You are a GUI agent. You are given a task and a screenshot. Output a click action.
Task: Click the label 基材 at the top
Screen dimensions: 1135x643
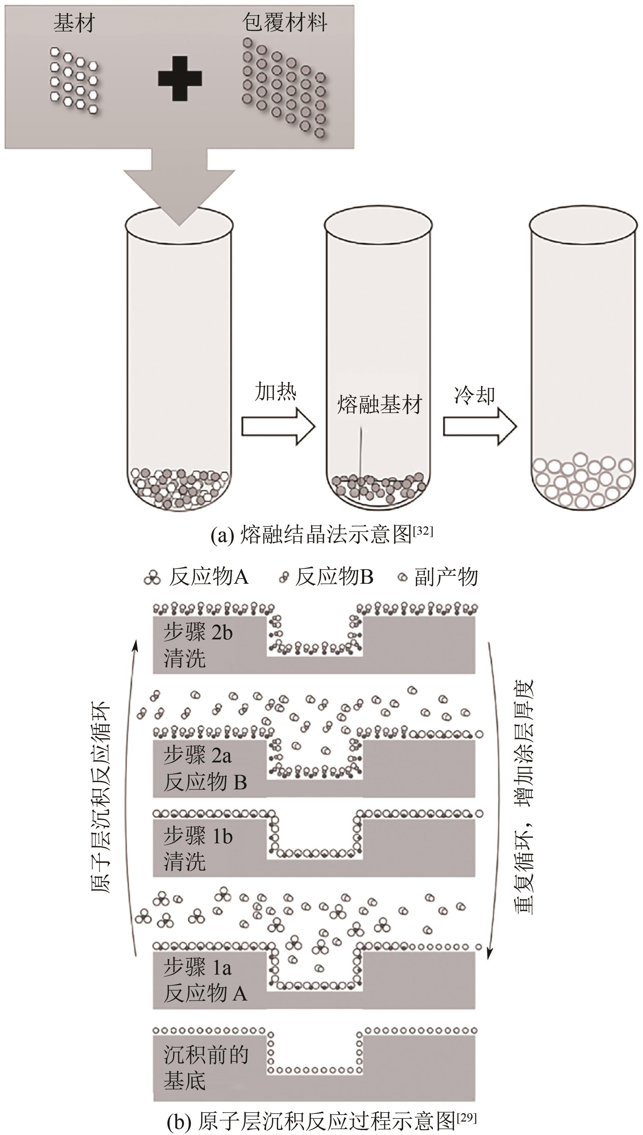[x=74, y=23]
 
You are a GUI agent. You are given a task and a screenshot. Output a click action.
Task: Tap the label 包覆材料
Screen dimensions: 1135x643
[x=284, y=22]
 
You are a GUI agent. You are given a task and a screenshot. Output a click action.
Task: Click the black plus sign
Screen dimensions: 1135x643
[x=180, y=78]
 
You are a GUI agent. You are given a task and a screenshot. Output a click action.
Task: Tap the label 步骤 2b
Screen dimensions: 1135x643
[x=198, y=633]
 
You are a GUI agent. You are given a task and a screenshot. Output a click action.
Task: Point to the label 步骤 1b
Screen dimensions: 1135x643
[x=198, y=836]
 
